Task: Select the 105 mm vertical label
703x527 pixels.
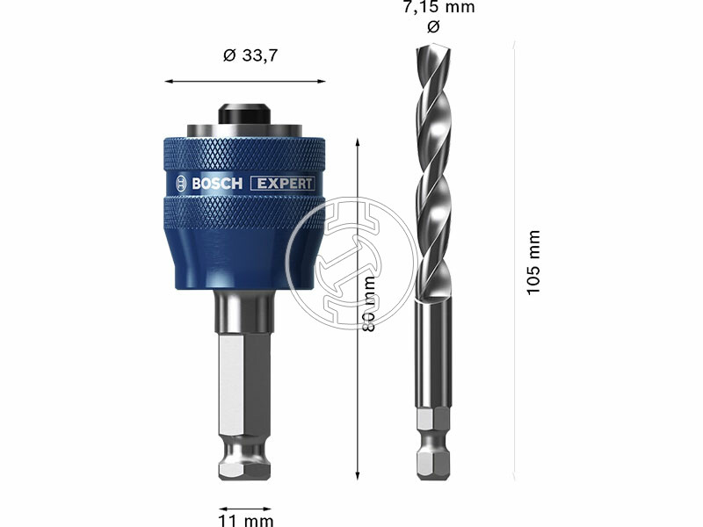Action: [x=533, y=263]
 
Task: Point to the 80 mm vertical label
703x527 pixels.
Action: [x=370, y=303]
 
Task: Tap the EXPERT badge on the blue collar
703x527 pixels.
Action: [x=282, y=184]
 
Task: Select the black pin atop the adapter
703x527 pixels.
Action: [x=244, y=115]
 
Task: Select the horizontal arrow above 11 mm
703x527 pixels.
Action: [x=244, y=508]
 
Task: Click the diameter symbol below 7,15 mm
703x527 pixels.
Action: [x=431, y=27]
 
